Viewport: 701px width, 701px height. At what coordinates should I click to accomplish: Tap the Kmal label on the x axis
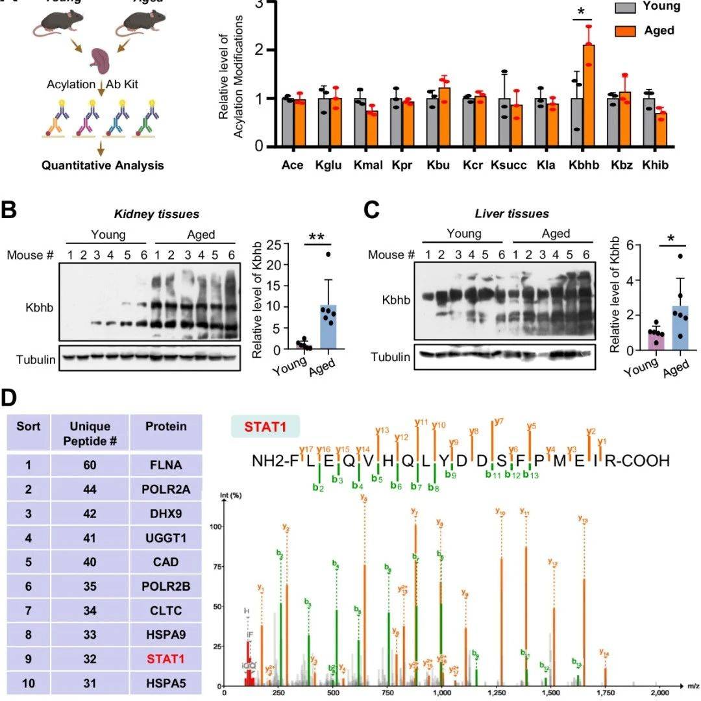point(366,165)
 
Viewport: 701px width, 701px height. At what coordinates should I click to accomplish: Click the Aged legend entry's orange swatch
point(625,31)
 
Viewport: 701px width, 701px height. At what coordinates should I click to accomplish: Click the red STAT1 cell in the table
point(166,659)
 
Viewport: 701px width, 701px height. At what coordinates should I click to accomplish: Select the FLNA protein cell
point(166,465)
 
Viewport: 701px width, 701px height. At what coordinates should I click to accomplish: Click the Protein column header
point(166,426)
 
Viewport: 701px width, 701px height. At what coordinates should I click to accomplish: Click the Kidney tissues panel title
point(147,214)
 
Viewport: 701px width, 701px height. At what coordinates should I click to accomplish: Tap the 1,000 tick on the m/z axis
point(442,692)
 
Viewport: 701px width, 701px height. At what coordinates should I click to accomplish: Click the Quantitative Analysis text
point(103,165)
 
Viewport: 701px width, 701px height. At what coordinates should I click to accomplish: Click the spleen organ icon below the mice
point(102,62)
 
